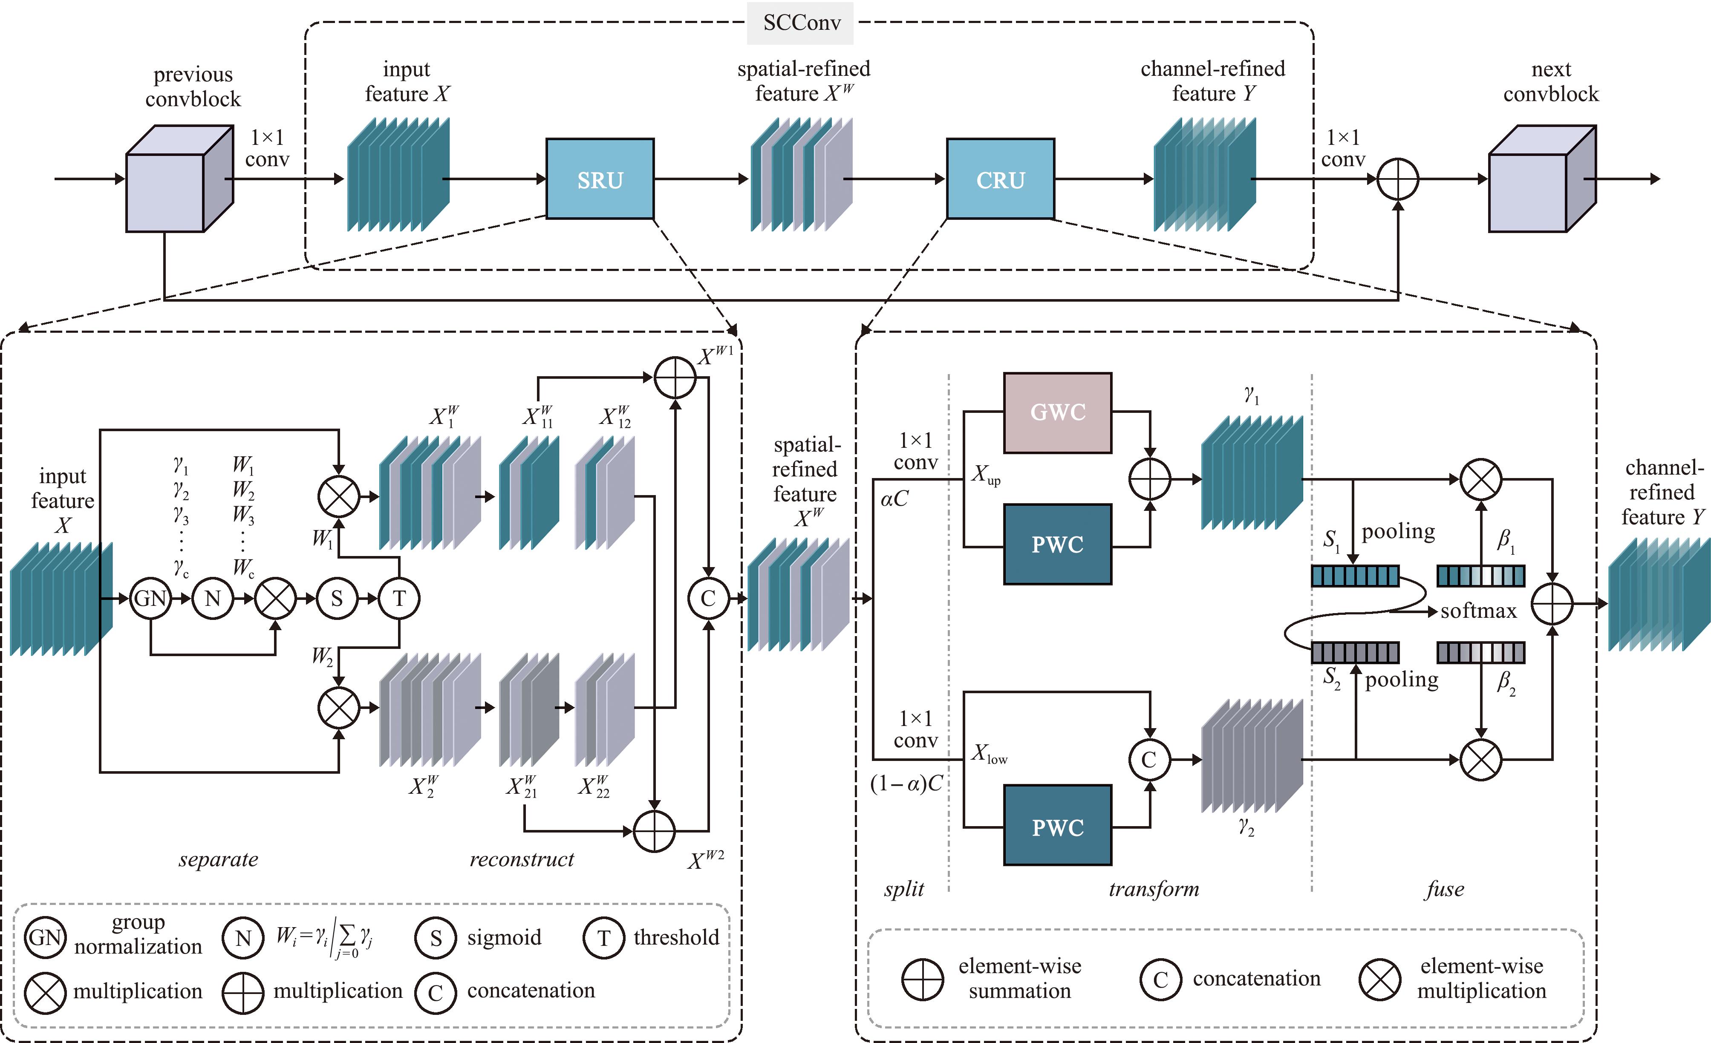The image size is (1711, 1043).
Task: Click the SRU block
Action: pos(600,179)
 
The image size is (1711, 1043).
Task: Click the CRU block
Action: pos(1001,179)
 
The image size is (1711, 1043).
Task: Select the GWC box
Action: pos(1058,412)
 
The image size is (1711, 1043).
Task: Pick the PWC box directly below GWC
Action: pos(1058,545)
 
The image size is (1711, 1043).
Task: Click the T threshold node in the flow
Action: pos(399,598)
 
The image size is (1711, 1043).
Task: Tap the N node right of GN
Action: pos(213,598)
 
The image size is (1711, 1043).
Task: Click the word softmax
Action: pos(1478,611)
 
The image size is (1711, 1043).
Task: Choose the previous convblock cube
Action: pos(179,179)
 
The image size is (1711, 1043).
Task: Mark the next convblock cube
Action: pos(1542,179)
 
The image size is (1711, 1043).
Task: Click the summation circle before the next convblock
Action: pos(1398,179)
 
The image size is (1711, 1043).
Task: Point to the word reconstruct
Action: pos(522,860)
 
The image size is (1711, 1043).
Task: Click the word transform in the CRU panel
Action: pos(1154,889)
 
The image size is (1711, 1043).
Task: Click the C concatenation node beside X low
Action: pos(1149,760)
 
